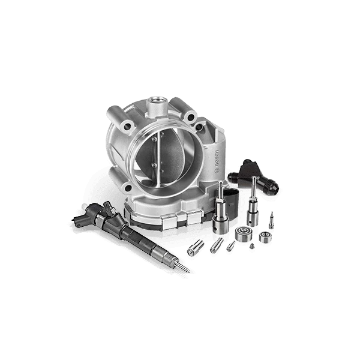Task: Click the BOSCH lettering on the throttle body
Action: (217, 159)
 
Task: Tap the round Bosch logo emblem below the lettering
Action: (217, 171)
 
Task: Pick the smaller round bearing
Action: (265, 237)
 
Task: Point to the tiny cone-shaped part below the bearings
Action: (252, 246)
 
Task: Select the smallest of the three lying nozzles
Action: (231, 246)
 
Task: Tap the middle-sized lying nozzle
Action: (217, 245)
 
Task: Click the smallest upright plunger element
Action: (271, 221)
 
